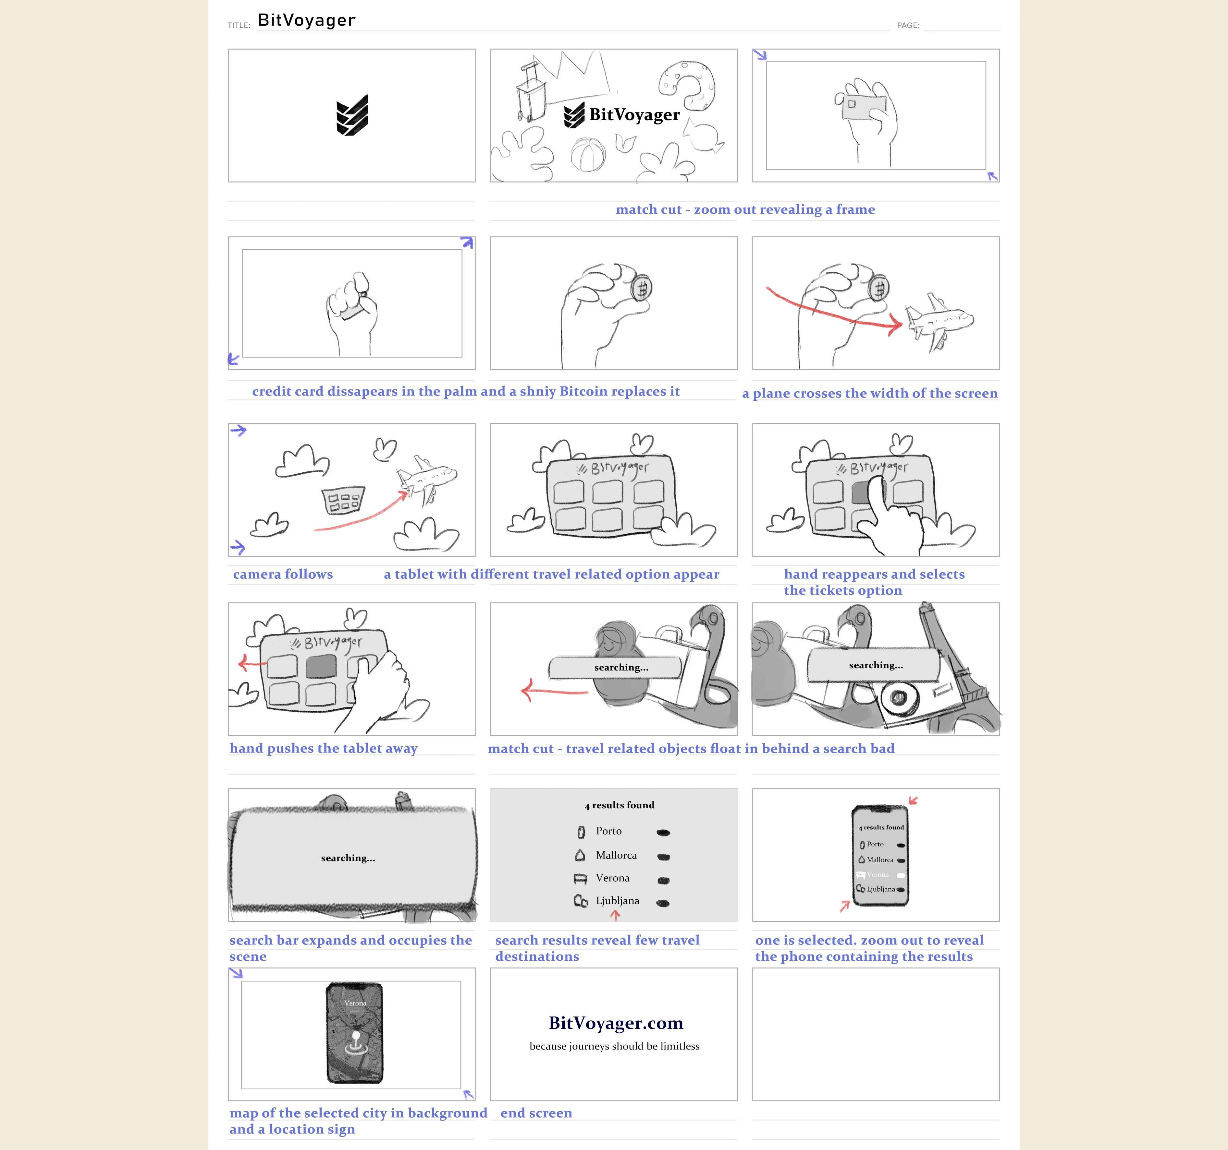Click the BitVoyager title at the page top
[x=306, y=20]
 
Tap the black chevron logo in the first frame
[x=352, y=115]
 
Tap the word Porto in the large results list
[x=608, y=831]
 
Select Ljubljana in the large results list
[x=617, y=901]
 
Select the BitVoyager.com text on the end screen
[x=616, y=1023]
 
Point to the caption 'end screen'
[x=536, y=1113]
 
